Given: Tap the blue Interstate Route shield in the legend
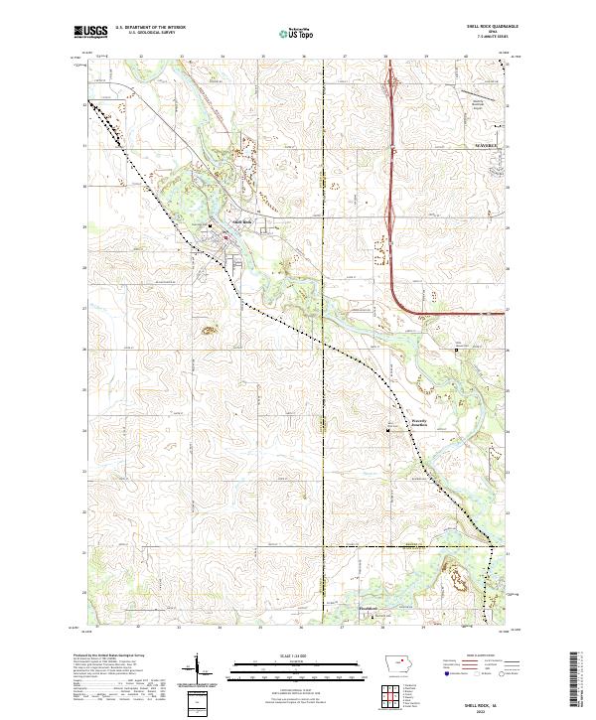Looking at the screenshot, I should pos(444,672).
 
